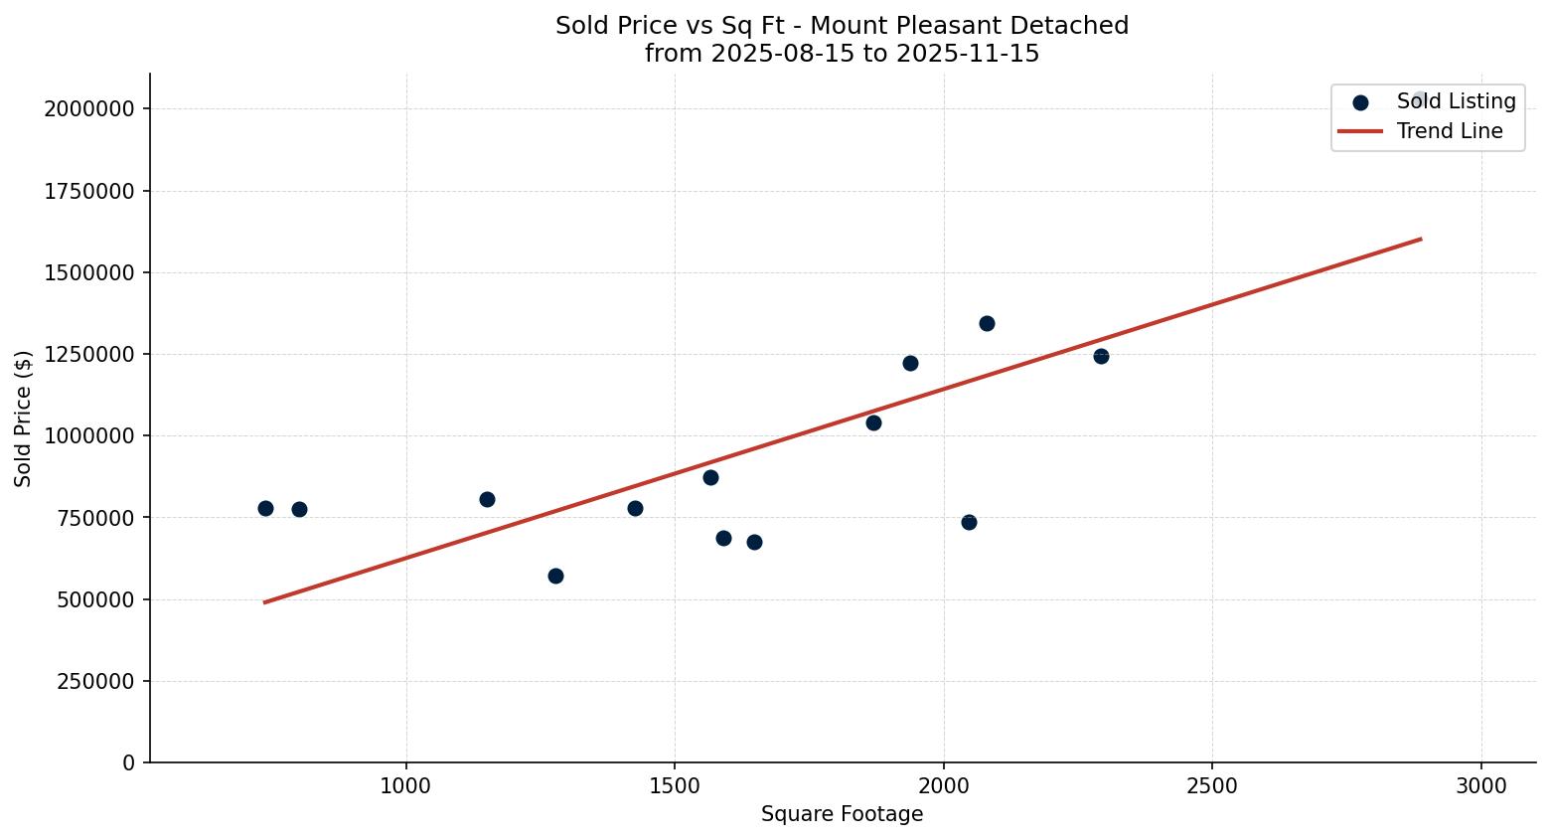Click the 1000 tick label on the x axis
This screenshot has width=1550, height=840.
405,785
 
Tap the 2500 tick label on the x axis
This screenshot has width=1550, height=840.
1212,785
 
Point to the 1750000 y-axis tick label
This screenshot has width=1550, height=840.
89,191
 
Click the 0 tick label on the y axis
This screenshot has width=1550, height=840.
128,762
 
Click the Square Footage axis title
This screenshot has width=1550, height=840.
842,814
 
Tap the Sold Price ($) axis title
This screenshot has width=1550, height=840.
24,419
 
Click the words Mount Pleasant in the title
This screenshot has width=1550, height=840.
895,26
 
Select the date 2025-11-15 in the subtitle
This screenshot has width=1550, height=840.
968,54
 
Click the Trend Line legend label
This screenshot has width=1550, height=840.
1449,131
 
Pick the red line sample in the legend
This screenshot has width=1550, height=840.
1360,131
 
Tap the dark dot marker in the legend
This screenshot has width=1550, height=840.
1360,101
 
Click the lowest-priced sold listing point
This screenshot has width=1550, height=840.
555,576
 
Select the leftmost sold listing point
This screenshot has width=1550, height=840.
265,508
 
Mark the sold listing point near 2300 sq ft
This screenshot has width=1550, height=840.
1101,356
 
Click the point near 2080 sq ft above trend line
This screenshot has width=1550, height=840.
987,323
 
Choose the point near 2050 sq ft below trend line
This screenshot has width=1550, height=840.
969,522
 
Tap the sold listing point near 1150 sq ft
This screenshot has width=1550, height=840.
487,499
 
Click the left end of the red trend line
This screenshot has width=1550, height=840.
265,601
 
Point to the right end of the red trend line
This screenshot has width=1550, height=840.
1420,239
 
